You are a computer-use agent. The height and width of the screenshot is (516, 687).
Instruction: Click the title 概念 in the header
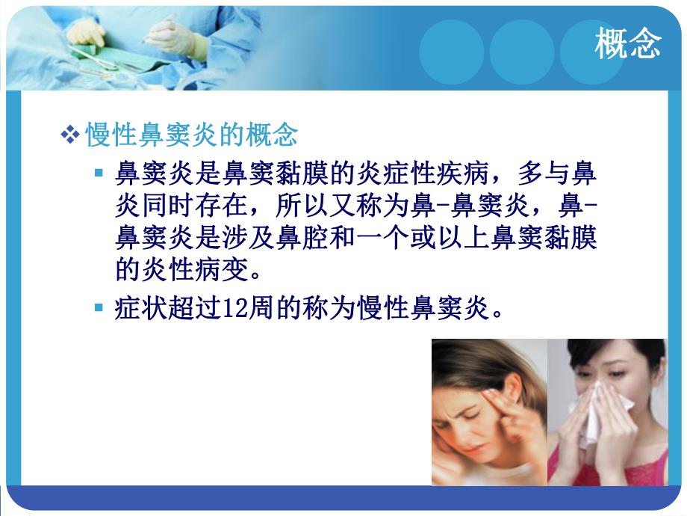pyautogui.click(x=628, y=44)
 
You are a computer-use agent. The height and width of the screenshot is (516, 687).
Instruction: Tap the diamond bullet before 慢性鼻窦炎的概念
pyautogui.click(x=69, y=135)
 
